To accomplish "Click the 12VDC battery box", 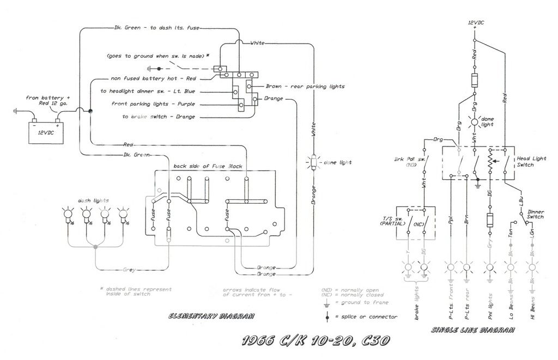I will point(46,132).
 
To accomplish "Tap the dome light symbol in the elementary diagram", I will point(314,162).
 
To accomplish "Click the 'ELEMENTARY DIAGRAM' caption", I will point(211,316).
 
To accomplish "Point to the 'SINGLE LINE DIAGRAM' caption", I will point(472,330).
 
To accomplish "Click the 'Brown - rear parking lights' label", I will point(305,87).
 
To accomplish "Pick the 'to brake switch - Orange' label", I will point(159,117).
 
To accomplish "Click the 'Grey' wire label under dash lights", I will point(130,269).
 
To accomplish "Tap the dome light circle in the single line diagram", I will point(475,121).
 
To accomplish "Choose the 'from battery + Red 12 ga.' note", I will point(48,100).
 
